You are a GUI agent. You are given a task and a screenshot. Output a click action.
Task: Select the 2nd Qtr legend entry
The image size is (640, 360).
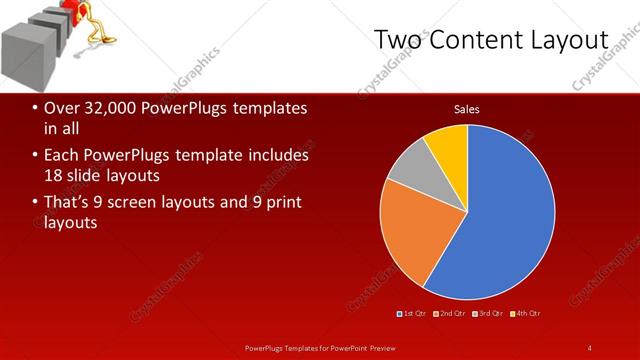click(x=451, y=313)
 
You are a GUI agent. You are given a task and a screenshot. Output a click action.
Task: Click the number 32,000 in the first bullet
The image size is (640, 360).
click(x=110, y=108)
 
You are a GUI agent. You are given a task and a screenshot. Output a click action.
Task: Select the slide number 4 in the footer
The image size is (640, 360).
click(x=590, y=347)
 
